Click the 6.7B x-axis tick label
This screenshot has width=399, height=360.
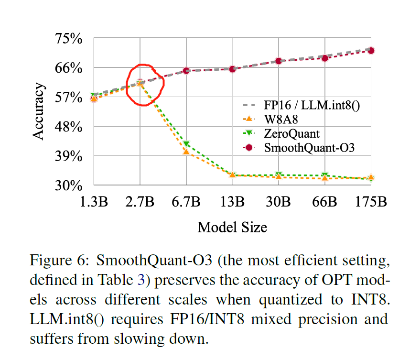186,202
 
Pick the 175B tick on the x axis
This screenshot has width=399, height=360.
370,202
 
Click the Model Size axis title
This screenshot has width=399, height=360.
232,227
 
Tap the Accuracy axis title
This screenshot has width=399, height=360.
39,112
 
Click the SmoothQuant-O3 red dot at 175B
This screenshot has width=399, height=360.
371,50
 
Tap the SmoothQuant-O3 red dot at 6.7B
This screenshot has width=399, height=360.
186,71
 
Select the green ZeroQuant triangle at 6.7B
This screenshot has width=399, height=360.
186,144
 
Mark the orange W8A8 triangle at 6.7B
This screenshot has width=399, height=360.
186,152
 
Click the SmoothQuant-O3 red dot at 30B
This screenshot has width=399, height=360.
279,61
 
